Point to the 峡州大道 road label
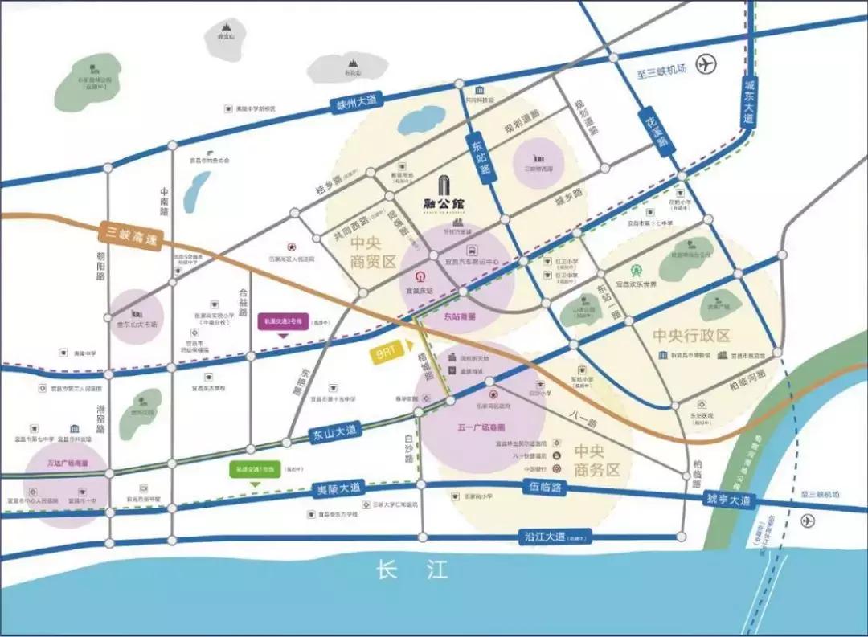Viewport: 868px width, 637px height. [x=357, y=102]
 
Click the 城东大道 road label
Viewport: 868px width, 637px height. [x=749, y=101]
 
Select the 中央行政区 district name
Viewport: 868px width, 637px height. [x=690, y=335]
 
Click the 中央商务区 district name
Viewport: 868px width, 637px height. [x=597, y=460]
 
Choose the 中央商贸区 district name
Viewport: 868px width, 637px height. [x=374, y=251]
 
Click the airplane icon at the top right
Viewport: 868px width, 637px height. [x=706, y=63]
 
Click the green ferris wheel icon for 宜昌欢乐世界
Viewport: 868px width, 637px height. [x=637, y=271]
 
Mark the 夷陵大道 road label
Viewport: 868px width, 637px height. [x=337, y=488]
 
